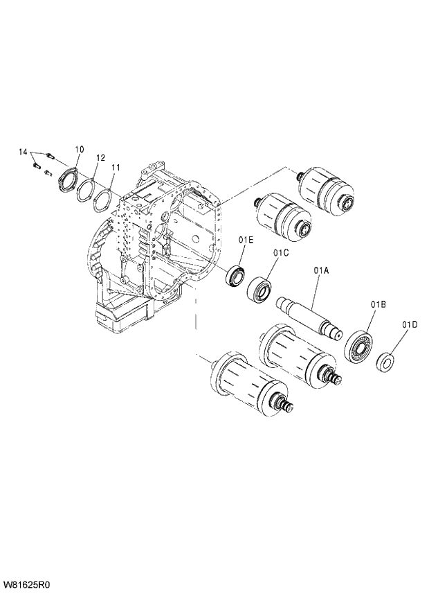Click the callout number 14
pos(22,151)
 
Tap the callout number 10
pos(79,149)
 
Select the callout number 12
pos(100,158)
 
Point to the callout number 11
pos(116,168)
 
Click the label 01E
pos(246,240)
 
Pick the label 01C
pos(280,253)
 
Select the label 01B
pos(377,304)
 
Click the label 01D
pos(410,324)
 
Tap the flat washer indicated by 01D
pos(385,361)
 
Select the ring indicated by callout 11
pos(102,202)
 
